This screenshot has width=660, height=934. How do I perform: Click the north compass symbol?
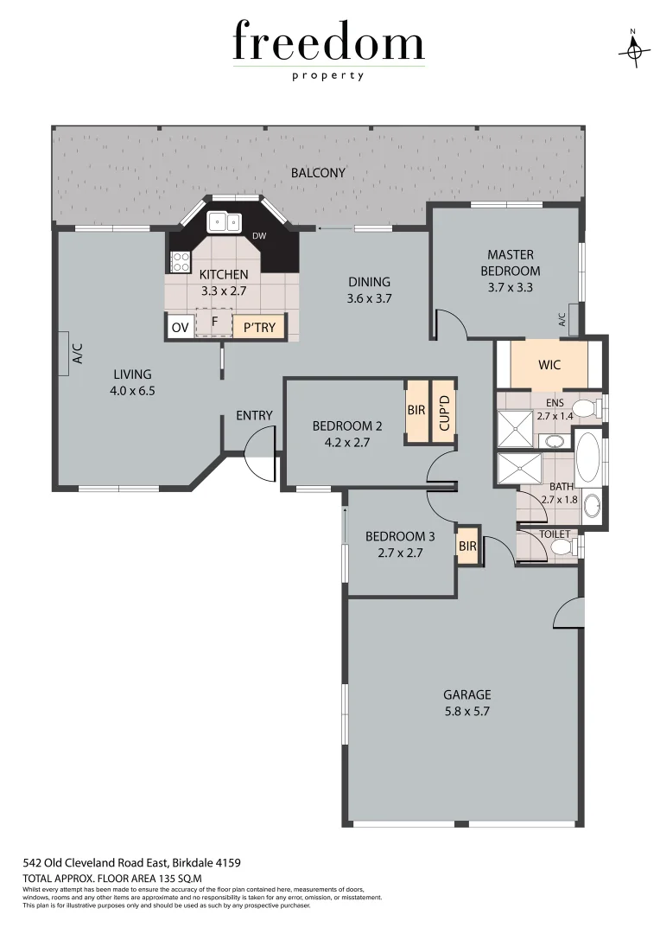coord(633,51)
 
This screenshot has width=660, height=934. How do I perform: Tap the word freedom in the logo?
coord(328,43)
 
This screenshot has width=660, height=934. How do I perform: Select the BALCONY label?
coord(318,173)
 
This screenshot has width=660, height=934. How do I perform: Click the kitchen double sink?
coord(226,222)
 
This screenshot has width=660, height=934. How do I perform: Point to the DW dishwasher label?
coord(259,236)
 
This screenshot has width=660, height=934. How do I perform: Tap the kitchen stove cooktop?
coord(180,262)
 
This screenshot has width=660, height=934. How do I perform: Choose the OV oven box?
coord(180,327)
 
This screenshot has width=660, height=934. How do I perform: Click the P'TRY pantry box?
coord(259,327)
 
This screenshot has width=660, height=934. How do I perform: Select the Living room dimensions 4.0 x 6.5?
coord(132,390)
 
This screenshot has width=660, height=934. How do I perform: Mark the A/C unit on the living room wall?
coord(64,354)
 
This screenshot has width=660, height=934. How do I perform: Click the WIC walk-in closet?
coord(549,365)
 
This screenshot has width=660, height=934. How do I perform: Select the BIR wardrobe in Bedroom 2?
coord(416,411)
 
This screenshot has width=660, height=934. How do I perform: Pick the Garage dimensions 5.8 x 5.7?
coord(466,712)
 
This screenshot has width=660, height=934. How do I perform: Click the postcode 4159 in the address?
coord(226,863)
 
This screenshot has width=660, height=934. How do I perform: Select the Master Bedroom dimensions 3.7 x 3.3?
coord(511,287)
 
